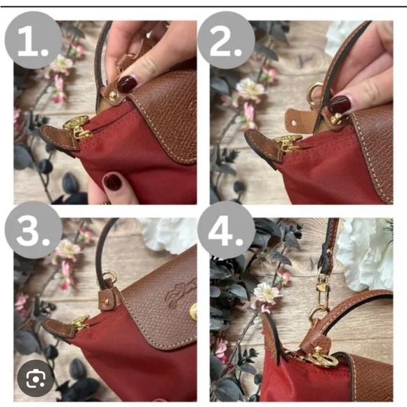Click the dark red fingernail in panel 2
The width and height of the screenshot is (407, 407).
point(340,105)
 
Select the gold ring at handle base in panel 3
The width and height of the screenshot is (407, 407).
point(109,277)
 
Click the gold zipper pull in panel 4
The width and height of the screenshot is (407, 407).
point(316,358)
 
